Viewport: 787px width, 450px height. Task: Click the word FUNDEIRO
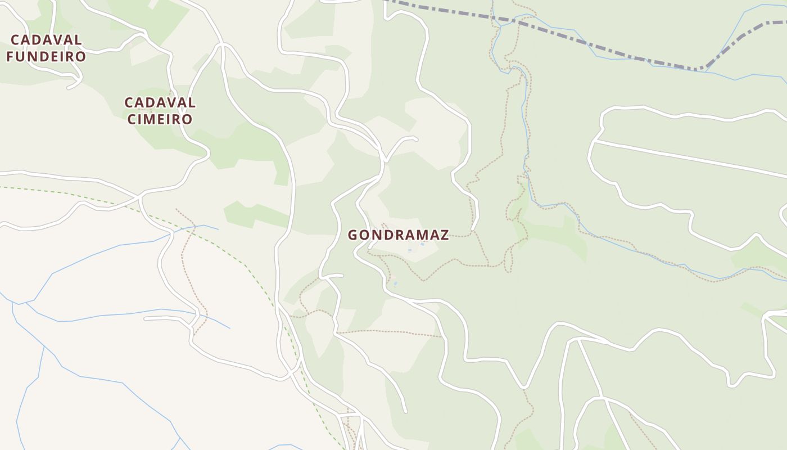pyautogui.click(x=46, y=57)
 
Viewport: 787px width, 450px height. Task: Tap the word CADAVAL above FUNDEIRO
pyautogui.click(x=46, y=40)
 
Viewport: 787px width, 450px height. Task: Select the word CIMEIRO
pyautogui.click(x=160, y=119)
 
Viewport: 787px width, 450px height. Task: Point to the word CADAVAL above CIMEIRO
pyautogui.click(x=160, y=103)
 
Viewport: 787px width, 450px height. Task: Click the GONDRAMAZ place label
pyautogui.click(x=398, y=235)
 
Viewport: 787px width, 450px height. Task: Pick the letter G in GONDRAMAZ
pyautogui.click(x=353, y=235)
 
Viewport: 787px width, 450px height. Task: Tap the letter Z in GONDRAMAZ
pyautogui.click(x=445, y=235)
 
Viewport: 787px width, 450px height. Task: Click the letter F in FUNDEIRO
pyautogui.click(x=10, y=57)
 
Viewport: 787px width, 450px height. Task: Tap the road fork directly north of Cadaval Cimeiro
pyautogui.click(x=223, y=44)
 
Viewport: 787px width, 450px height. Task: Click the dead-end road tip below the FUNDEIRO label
pyautogui.click(x=69, y=88)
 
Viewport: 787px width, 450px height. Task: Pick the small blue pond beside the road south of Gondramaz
pyautogui.click(x=395, y=283)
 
